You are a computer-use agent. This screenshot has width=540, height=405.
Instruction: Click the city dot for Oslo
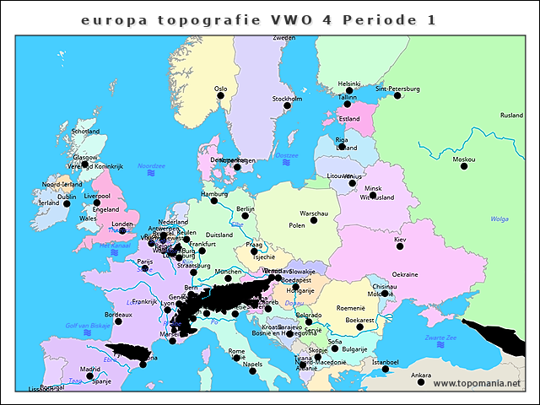(x=221, y=95)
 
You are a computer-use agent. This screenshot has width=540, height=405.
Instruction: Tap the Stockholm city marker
(x=287, y=105)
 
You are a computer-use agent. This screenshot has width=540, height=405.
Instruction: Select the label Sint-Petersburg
(x=397, y=88)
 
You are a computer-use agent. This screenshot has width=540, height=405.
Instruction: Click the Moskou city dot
(x=463, y=166)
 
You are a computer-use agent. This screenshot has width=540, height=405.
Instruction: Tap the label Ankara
(x=420, y=374)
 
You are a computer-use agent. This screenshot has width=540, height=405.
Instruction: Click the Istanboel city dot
(x=385, y=370)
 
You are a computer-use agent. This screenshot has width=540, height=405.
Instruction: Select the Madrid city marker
(x=90, y=376)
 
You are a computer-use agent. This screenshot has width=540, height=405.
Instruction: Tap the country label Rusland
(x=511, y=116)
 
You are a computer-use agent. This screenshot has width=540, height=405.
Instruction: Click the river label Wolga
(x=499, y=219)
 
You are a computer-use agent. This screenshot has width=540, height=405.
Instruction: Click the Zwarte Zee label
(x=440, y=337)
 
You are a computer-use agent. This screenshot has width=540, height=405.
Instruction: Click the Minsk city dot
(x=372, y=195)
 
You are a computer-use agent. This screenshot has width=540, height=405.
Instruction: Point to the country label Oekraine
(x=405, y=274)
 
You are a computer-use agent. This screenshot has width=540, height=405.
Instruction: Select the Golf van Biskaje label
(x=87, y=325)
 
